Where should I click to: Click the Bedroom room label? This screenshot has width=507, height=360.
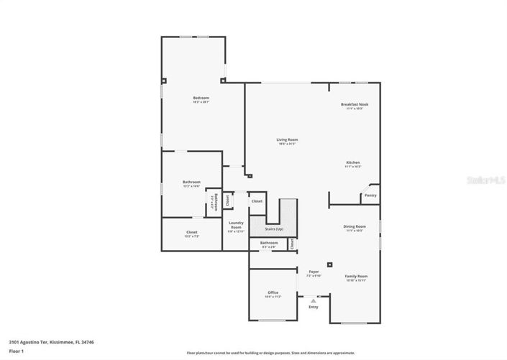coord(201,98)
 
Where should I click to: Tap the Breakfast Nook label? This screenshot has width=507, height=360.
coord(354,104)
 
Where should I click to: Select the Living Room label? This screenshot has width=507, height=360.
coord(287,139)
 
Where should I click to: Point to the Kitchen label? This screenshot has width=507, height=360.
coord(352,162)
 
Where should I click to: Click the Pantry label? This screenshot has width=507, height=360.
coord(370,195)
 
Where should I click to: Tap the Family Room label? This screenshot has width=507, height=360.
coord(355,276)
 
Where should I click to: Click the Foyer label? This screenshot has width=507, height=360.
coord(314,271)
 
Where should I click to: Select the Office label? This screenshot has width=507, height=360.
coord(273,292)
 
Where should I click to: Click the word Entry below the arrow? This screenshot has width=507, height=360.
coord(313,307)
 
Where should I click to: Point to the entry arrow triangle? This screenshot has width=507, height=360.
coord(313,300)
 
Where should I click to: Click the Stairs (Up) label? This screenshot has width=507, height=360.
coord(274,229)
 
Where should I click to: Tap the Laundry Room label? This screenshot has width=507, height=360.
coord(236,225)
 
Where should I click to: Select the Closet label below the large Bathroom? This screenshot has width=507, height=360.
coord(191,232)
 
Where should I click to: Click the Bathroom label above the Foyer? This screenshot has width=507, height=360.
coord(269,243)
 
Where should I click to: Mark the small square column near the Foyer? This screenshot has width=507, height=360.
coord(330,263)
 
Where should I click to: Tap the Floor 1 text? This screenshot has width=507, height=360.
coord(17,351)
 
